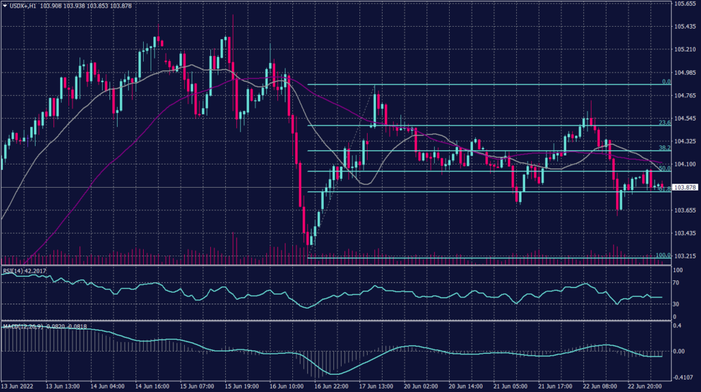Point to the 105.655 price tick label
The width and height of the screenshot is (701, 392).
685,4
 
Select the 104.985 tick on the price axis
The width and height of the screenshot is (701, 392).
685,73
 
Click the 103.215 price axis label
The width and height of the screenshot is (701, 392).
685,256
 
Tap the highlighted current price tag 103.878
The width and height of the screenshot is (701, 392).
685,187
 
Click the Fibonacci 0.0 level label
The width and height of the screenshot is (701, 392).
665,82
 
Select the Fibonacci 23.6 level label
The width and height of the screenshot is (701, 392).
663,123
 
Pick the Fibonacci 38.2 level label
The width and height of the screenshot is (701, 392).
663,147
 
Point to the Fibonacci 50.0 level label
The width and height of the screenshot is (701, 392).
663,168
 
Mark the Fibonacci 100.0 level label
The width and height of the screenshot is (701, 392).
662,255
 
